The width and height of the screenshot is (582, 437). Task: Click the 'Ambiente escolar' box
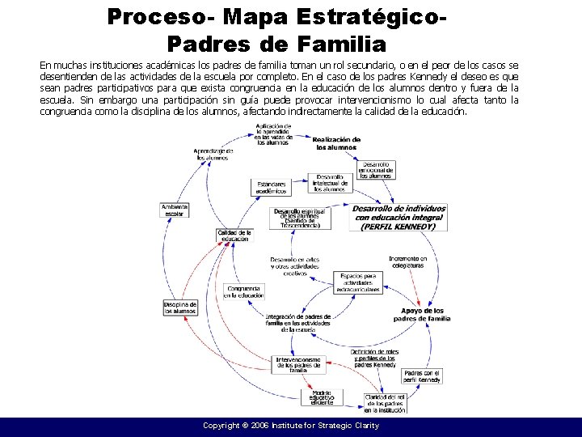click(175, 210)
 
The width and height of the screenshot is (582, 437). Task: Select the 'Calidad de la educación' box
click(235, 235)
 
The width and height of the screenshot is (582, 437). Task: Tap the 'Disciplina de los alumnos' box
click(181, 308)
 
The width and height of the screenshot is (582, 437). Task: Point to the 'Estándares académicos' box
click(272, 188)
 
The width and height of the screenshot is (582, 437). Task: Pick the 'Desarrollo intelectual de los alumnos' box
click(329, 183)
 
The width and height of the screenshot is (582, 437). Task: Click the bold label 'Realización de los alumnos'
click(337, 144)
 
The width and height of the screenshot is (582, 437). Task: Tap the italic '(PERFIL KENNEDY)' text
click(398, 227)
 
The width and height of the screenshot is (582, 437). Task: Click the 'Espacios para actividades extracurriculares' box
click(358, 282)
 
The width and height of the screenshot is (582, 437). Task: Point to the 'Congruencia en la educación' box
click(244, 292)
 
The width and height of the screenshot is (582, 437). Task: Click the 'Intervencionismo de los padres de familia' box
click(298, 364)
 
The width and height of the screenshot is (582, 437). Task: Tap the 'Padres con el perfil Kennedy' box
click(422, 376)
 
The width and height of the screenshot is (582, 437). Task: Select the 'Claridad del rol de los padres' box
click(385, 403)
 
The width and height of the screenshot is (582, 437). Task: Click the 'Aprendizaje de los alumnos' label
click(213, 154)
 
